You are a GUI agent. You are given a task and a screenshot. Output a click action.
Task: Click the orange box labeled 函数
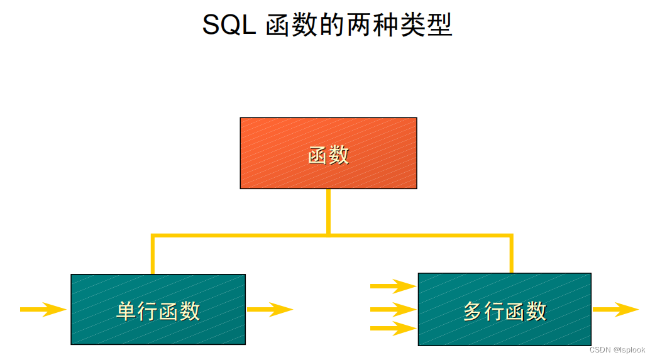[x=328, y=153]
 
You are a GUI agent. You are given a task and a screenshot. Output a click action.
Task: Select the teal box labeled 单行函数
[x=158, y=309]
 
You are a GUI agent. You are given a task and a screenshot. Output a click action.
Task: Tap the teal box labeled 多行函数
[x=504, y=309]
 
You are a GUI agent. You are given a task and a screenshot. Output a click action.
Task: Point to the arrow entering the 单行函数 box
[x=43, y=309]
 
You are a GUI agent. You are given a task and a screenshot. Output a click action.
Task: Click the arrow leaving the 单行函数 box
[x=270, y=309]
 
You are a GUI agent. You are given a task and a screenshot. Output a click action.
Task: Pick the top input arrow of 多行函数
[x=393, y=286]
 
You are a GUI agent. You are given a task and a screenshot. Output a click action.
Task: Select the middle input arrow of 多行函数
[x=393, y=309]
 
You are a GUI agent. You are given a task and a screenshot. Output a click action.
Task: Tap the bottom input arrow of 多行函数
[x=393, y=328]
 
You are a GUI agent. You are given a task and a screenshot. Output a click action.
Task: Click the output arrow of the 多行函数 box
[x=615, y=309]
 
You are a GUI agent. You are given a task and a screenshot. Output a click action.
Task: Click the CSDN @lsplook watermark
[x=617, y=350]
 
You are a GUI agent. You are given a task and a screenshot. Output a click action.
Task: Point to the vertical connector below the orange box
[x=328, y=212]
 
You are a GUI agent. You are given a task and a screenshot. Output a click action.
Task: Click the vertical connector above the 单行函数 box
[x=153, y=255]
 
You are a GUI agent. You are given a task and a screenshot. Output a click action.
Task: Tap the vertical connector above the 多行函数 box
[x=511, y=254]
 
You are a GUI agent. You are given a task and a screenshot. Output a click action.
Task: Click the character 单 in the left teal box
[x=126, y=311]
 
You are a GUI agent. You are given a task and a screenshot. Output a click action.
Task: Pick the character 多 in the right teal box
[x=473, y=311]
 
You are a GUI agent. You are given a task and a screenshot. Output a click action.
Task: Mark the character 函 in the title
[x=277, y=26]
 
